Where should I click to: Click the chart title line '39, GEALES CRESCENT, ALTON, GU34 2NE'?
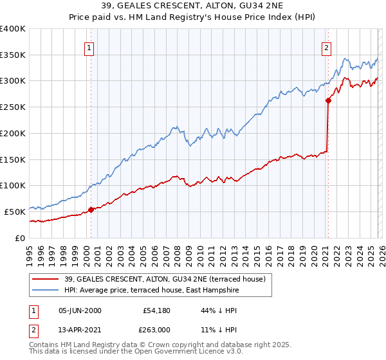[193, 6]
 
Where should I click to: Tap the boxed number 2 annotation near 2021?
[327, 47]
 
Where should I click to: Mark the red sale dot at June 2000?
[91, 209]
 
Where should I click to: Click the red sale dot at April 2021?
[327, 100]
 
